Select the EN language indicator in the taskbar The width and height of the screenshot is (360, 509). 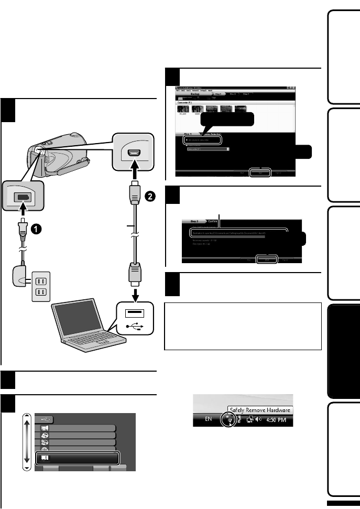209,421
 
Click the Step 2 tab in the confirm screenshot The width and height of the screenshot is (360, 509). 194,222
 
